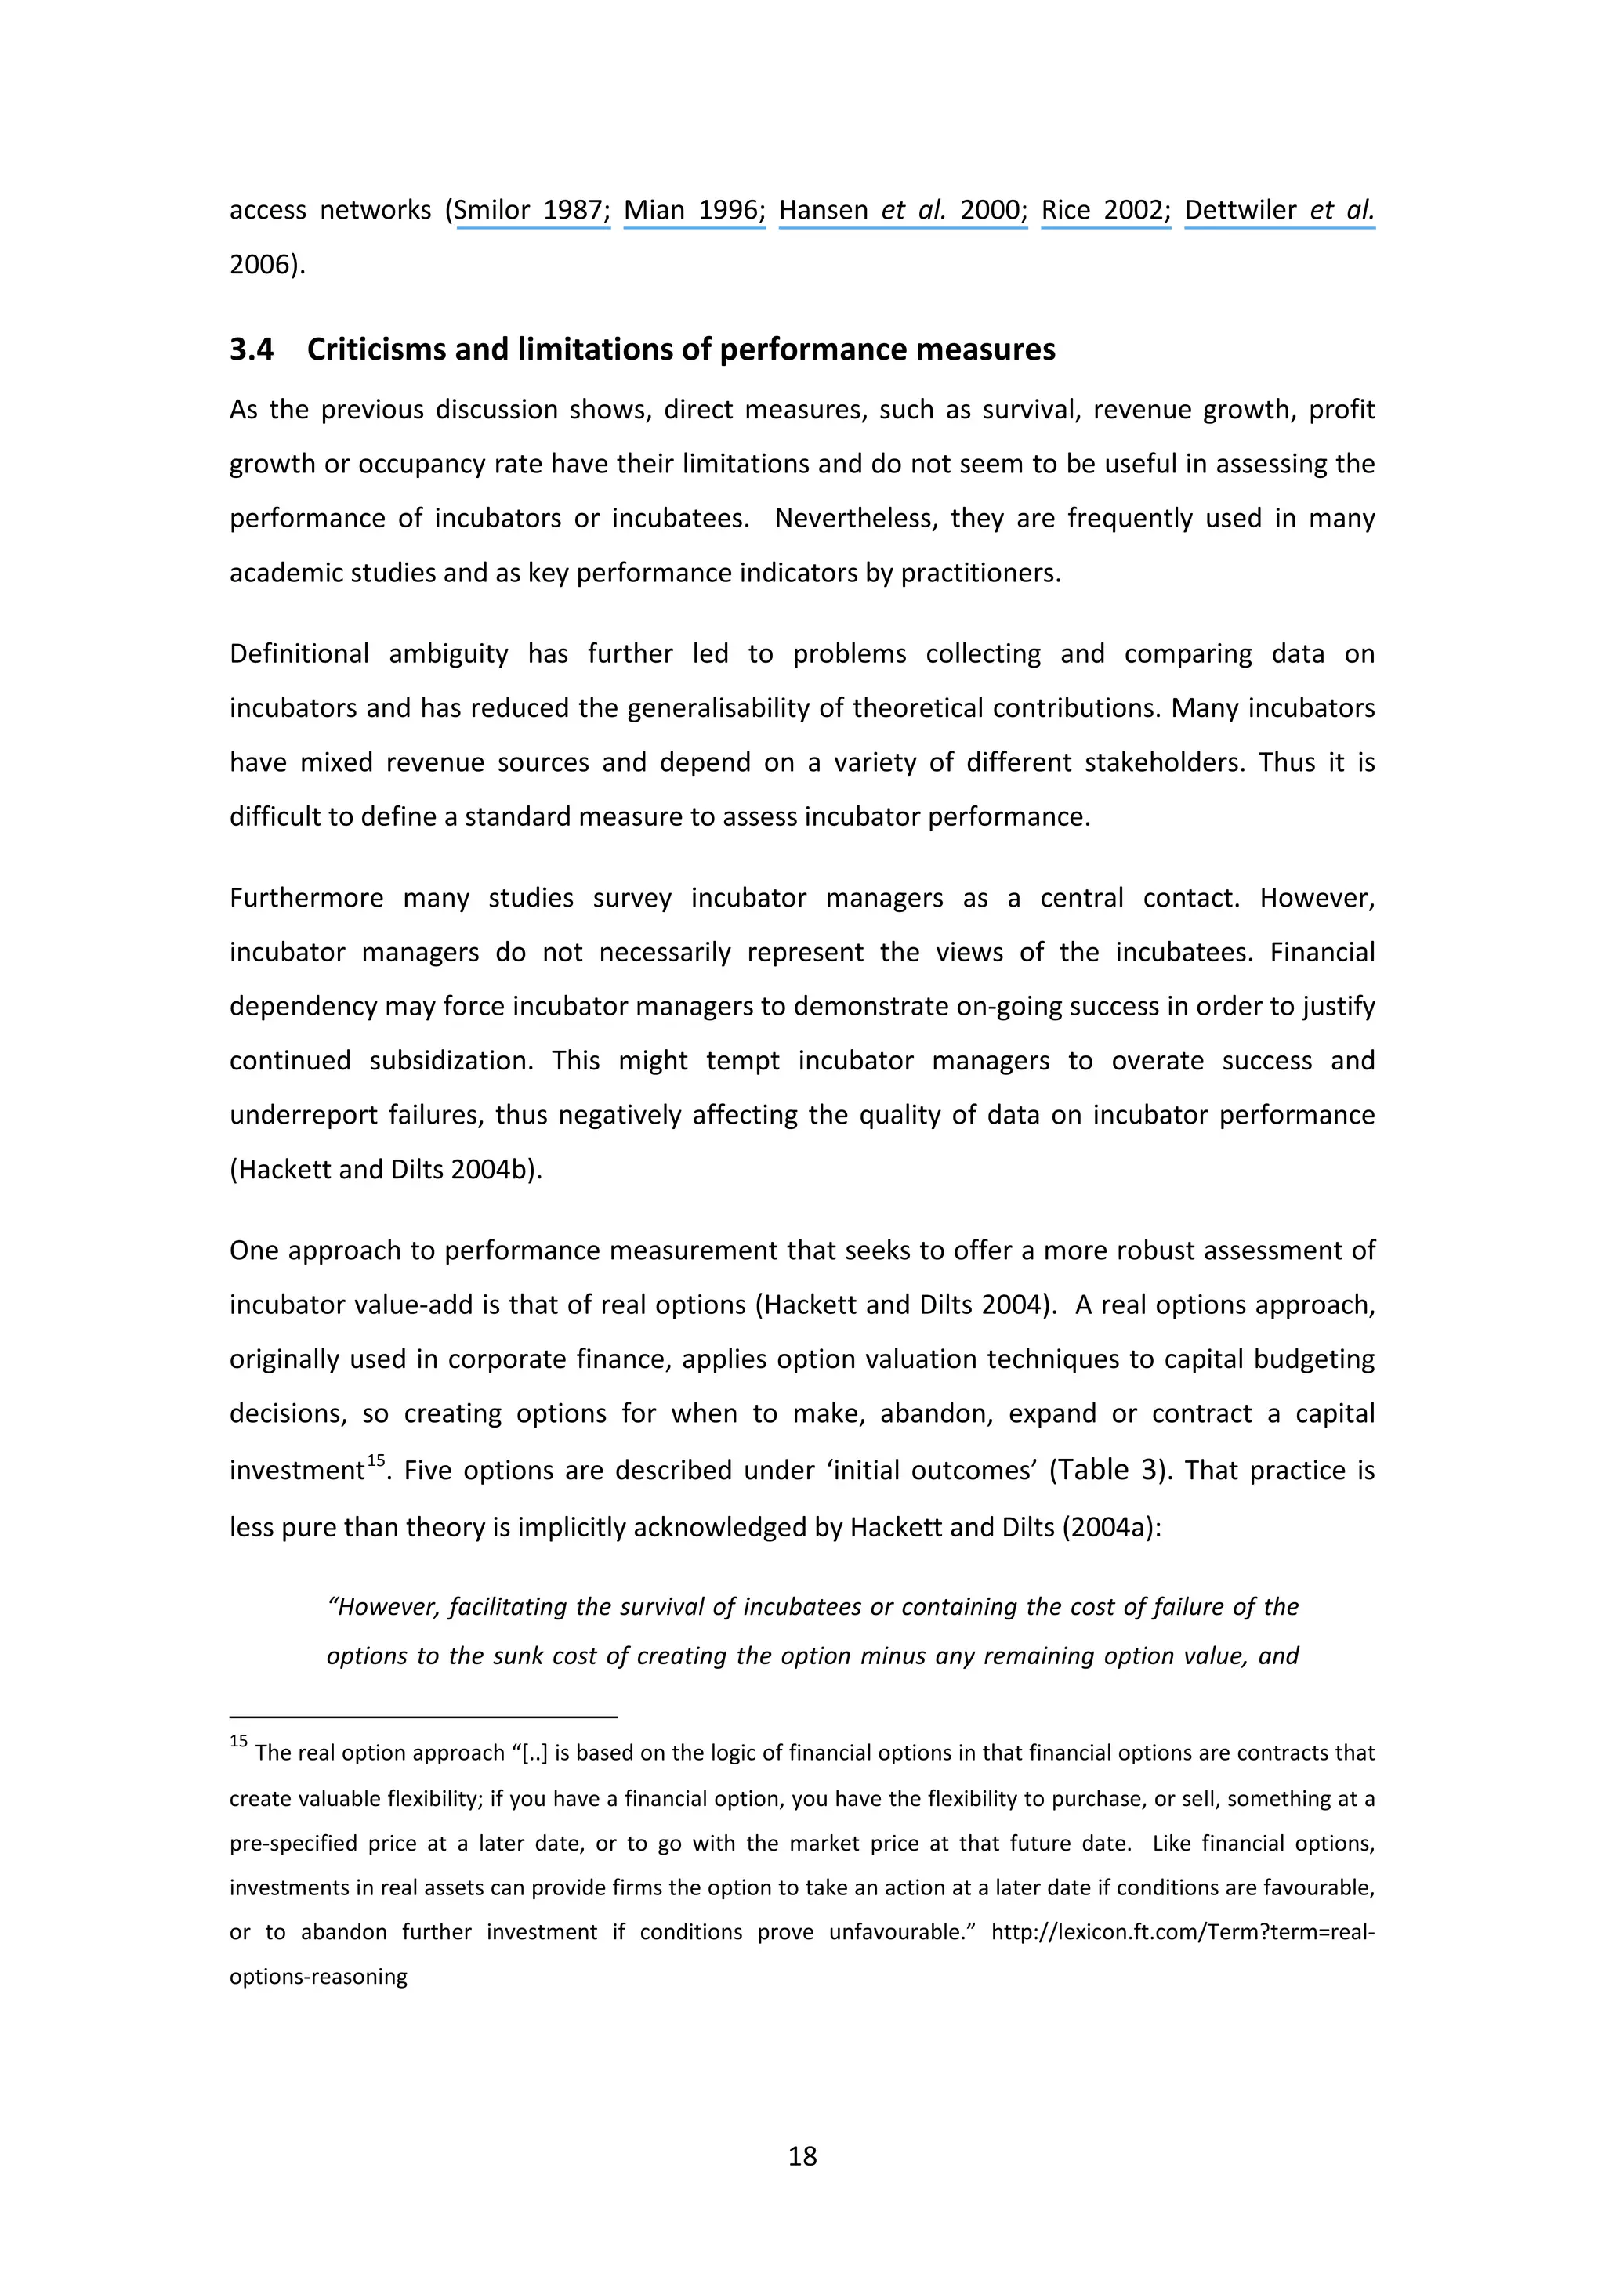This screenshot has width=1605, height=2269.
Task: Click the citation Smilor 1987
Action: (x=531, y=211)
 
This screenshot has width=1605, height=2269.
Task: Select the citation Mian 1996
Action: (x=694, y=211)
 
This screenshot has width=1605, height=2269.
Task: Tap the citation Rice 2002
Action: (x=1105, y=211)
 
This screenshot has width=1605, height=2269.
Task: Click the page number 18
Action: (x=802, y=2155)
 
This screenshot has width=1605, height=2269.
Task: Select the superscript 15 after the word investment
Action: (x=375, y=1460)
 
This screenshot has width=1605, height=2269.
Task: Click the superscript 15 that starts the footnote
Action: (x=238, y=1742)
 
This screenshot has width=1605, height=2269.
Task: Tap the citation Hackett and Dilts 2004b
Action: (x=386, y=1169)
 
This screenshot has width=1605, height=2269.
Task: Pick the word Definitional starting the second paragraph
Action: (x=299, y=654)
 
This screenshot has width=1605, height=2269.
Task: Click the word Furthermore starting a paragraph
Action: (x=306, y=899)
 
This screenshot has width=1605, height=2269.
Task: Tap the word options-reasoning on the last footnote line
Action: (x=318, y=1977)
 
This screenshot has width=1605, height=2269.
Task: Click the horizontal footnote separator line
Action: (x=423, y=1717)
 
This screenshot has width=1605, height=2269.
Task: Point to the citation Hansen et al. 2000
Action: (x=901, y=211)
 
